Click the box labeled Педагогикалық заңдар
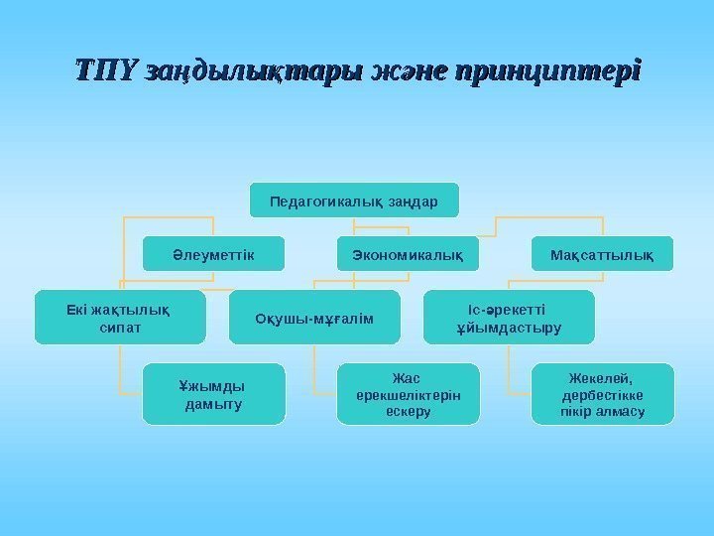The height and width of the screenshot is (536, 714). tap(354, 200)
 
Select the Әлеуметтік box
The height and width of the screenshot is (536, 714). tap(213, 254)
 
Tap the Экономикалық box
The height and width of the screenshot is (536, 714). tap(408, 254)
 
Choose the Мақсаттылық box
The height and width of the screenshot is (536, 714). tap(602, 254)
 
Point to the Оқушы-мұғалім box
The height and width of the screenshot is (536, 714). tap(314, 318)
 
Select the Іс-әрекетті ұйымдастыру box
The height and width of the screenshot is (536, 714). tap(509, 318)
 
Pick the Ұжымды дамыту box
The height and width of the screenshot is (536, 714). tap(213, 394)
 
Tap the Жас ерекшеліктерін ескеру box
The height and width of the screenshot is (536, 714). tap(408, 394)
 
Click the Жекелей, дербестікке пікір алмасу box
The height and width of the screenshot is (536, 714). tap(602, 394)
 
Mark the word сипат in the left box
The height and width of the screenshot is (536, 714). tap(120, 327)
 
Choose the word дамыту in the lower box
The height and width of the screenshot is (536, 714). tap(212, 404)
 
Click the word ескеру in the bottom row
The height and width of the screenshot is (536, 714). tap(408, 411)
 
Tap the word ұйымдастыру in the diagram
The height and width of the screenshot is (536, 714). tap(509, 327)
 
